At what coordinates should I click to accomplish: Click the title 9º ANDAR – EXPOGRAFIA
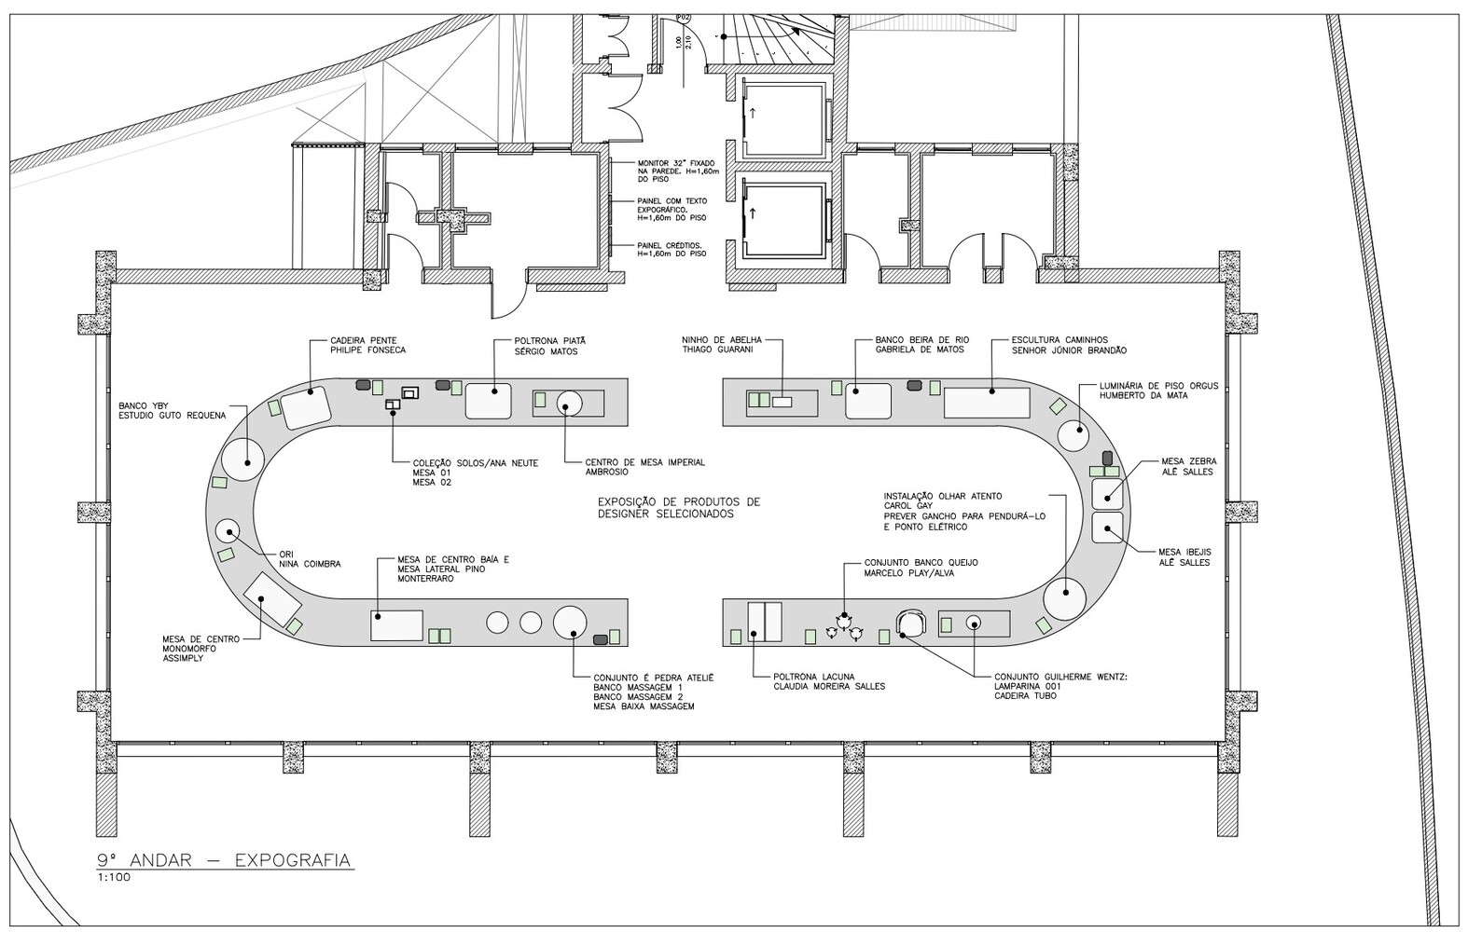click(x=224, y=860)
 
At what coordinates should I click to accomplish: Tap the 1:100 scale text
click(x=114, y=878)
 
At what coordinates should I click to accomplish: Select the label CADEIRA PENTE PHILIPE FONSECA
click(x=367, y=345)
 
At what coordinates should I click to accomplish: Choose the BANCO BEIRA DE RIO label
click(x=922, y=340)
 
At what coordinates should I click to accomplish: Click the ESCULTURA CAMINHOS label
click(x=1059, y=340)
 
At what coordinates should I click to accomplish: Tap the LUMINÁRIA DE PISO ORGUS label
click(x=1158, y=386)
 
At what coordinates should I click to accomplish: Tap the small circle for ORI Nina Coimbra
click(x=229, y=531)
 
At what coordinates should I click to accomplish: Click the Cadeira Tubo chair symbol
click(x=910, y=623)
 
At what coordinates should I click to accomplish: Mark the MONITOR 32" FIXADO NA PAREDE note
click(x=678, y=171)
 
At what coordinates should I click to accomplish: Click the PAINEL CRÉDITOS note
click(x=672, y=250)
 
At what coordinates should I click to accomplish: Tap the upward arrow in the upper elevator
click(x=753, y=113)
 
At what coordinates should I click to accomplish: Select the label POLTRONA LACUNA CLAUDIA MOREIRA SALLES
click(x=829, y=681)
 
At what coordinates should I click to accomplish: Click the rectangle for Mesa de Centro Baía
click(x=396, y=625)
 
